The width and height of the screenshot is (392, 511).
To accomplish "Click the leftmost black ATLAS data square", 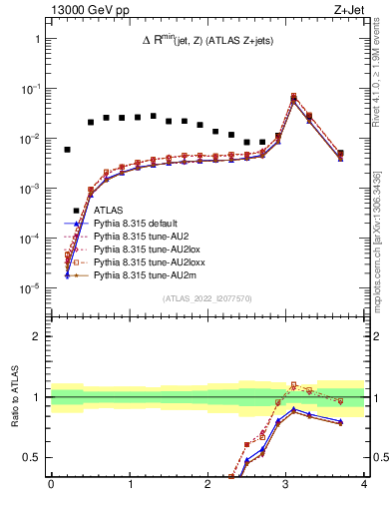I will pos(67,150).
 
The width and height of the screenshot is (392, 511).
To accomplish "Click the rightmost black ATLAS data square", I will pos(340,154).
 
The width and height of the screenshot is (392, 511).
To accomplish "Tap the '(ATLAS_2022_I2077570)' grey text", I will pos(206,298).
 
